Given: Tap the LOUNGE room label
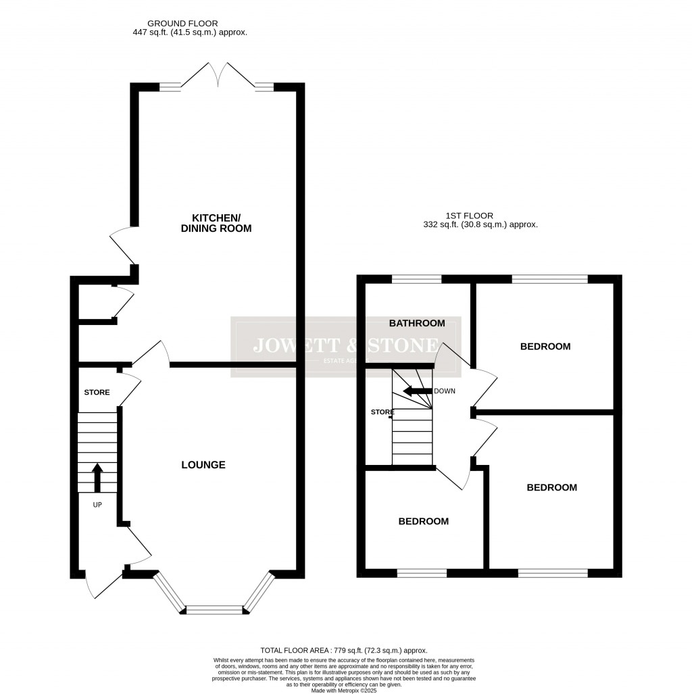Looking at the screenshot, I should (x=203, y=465).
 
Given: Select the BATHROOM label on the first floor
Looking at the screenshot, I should (x=416, y=323).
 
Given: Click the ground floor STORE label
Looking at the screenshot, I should (x=97, y=393).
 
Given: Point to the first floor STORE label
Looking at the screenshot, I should (x=382, y=412).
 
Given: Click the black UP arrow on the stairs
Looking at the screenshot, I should (x=97, y=477).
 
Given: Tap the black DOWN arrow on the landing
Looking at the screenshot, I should (x=416, y=391).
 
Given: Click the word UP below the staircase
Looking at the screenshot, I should (x=97, y=504).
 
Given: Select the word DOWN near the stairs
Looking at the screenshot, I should (x=445, y=391).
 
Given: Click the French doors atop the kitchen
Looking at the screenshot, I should (x=218, y=76).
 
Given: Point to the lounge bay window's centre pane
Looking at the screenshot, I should (x=214, y=610).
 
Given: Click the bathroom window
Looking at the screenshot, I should (x=416, y=278).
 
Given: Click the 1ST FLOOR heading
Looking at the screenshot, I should (x=469, y=216).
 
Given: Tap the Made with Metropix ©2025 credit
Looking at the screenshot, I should (x=345, y=690).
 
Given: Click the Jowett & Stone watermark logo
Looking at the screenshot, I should (x=345, y=346).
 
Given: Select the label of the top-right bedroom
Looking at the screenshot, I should (x=545, y=347).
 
